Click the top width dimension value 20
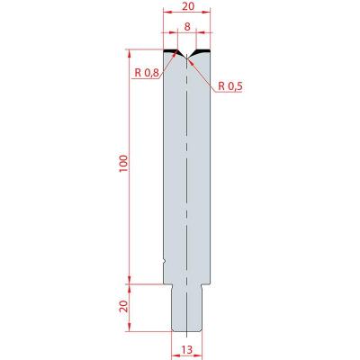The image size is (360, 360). pyautogui.click(x=188, y=6)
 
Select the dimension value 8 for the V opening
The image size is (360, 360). pyautogui.click(x=187, y=27)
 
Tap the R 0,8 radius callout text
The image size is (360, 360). pyautogui.click(x=147, y=72)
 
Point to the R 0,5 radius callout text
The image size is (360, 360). pyautogui.click(x=230, y=86)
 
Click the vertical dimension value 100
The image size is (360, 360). pyautogui.click(x=124, y=164)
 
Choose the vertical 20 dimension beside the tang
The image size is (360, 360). pyautogui.click(x=124, y=306)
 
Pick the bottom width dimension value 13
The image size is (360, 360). pyautogui.click(x=186, y=349)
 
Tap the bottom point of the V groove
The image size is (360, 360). pyautogui.click(x=186, y=58)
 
